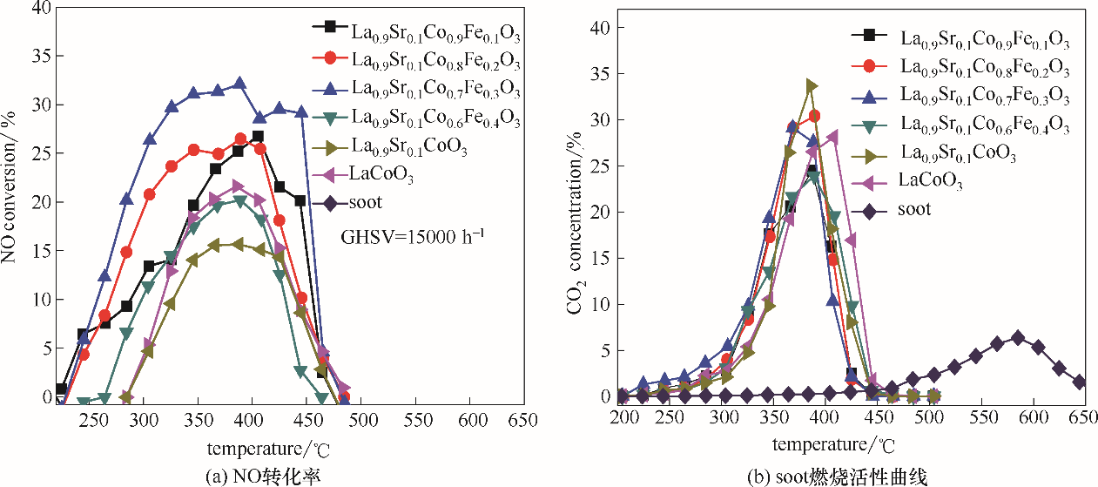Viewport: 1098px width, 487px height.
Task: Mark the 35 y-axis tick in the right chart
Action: point(597,73)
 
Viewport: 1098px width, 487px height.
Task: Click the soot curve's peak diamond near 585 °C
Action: point(1017,337)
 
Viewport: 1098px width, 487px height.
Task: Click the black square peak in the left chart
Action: point(257,137)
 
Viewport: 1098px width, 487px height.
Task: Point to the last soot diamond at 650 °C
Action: point(1080,382)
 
